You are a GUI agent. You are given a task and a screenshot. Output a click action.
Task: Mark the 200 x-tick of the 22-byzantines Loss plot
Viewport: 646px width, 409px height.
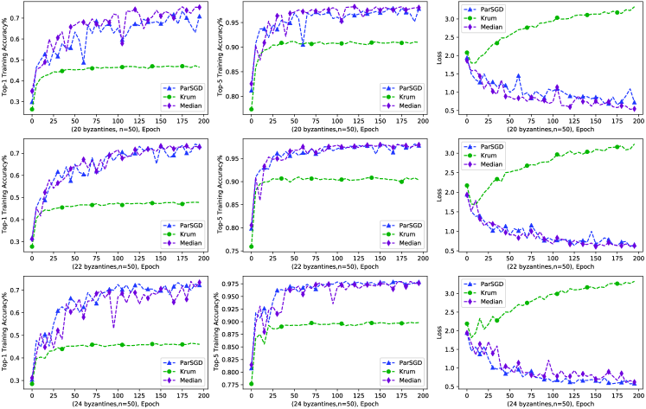point(636,260)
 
